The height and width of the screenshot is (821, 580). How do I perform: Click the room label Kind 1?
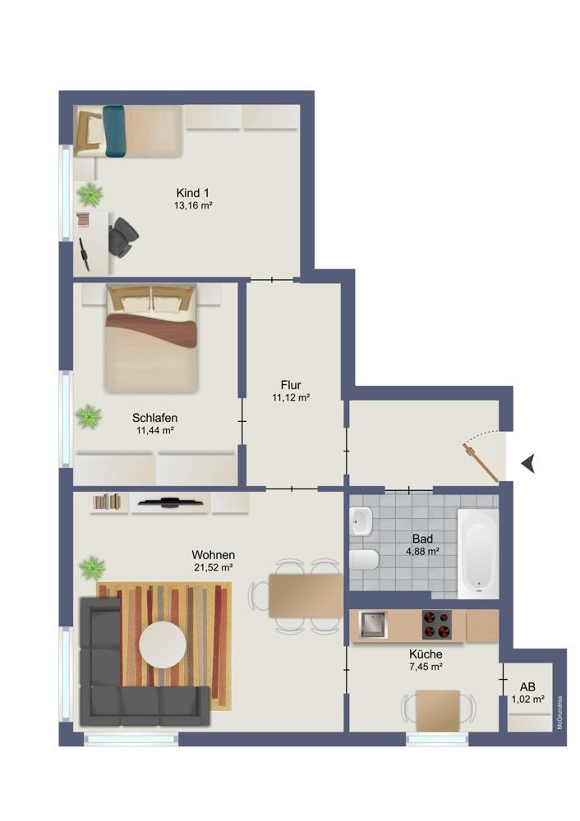(x=192, y=193)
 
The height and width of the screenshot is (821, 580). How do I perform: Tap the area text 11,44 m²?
(x=154, y=430)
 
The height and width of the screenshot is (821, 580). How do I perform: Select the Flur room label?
(x=291, y=385)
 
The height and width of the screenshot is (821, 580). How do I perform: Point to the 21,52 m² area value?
(x=214, y=567)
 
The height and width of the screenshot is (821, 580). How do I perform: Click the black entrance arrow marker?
(x=528, y=463)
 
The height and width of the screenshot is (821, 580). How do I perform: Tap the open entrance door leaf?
(x=480, y=461)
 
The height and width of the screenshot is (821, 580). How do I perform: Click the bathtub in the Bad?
(x=478, y=553)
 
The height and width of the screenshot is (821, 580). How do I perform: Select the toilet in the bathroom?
(x=364, y=560)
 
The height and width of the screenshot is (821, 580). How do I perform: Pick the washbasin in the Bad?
(x=361, y=521)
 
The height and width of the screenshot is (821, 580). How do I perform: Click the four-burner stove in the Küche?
(x=437, y=625)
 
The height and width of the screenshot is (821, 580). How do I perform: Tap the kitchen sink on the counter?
(x=372, y=625)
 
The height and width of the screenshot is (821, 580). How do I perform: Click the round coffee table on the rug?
(x=163, y=644)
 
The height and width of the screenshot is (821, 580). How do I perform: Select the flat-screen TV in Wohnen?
(x=170, y=502)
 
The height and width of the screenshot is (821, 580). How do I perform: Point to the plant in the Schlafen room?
(x=89, y=417)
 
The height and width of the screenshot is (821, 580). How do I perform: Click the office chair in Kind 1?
(x=123, y=237)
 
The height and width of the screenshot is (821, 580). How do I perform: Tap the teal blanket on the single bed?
(x=114, y=131)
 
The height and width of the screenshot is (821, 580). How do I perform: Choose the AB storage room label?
(x=527, y=687)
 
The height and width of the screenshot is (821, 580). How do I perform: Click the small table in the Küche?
(x=438, y=710)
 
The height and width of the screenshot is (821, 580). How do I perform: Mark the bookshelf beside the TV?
(x=107, y=502)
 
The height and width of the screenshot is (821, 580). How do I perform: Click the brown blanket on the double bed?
(x=151, y=329)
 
